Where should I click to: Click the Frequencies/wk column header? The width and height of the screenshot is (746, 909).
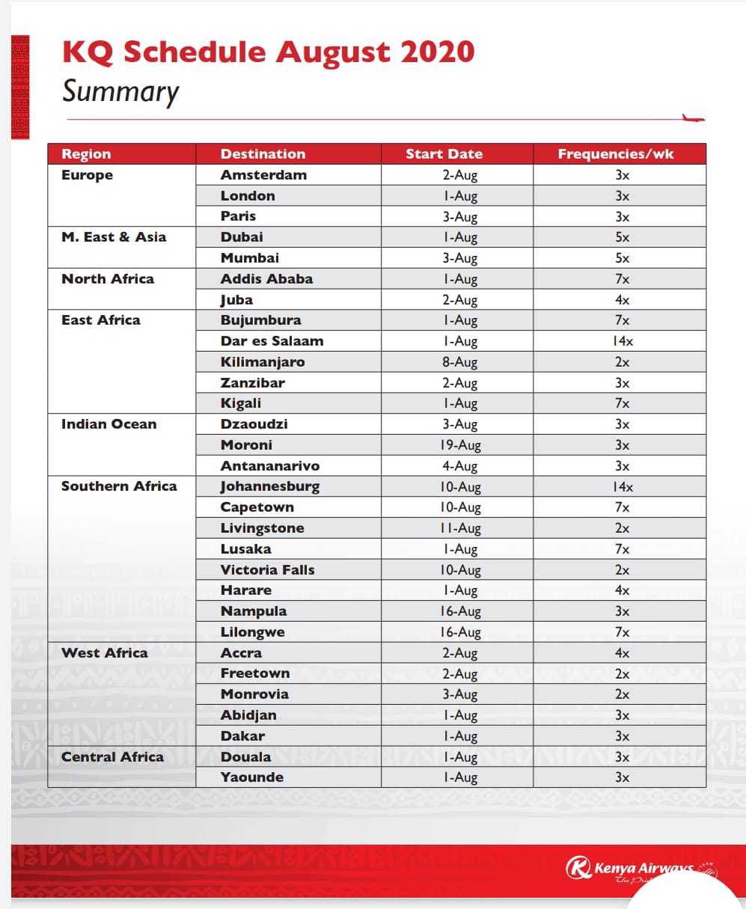coord(615,154)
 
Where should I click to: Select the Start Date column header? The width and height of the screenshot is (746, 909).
coord(444,154)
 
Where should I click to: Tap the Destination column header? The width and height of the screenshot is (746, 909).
coord(263,154)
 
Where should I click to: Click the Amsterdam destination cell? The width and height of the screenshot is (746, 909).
coord(263,175)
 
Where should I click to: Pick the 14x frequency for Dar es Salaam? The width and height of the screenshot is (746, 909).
coord(623,341)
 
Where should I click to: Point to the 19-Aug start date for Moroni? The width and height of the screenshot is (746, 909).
coord(460,445)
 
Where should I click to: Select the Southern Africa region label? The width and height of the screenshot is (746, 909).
coord(119,486)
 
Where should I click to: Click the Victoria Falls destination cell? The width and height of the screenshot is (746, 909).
coord(267,569)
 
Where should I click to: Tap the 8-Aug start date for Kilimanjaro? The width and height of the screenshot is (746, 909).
coord(459,362)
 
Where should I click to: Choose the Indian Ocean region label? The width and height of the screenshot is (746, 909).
coord(108,424)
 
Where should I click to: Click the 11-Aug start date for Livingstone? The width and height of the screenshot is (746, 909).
coord(460,528)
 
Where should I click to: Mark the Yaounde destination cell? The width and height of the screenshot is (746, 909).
coord(251,777)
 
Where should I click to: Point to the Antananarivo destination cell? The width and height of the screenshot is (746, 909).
coord(269,466)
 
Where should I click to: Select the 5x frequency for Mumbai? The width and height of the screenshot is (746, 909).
coord(622,258)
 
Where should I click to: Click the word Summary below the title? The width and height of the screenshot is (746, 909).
coord(120,91)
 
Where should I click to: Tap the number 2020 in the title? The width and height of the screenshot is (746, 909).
coord(437,52)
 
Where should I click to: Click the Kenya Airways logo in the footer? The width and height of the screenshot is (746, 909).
coord(632,869)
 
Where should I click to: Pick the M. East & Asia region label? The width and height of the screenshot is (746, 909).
coord(114,237)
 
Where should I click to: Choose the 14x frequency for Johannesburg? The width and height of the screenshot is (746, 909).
coord(623,487)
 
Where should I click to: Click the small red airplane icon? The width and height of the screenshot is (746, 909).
coord(694,117)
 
